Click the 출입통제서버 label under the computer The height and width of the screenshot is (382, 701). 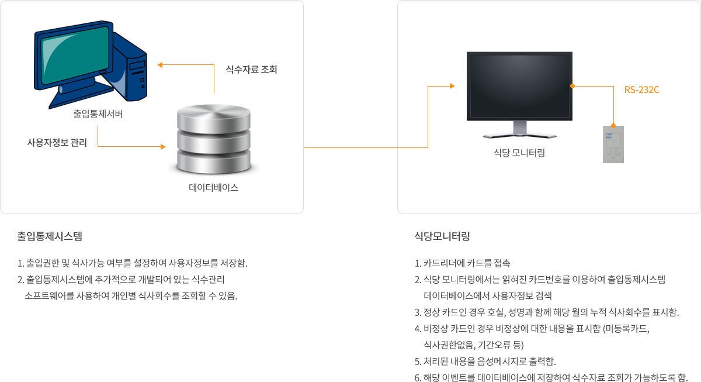point(98,113)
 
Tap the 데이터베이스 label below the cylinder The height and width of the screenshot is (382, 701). point(213,188)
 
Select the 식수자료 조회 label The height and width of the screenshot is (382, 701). point(252,69)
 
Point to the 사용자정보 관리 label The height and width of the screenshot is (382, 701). point(57,143)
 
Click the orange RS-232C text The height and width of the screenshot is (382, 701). point(641,90)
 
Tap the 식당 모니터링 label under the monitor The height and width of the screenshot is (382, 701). point(519,153)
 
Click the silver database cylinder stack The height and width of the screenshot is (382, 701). point(214,139)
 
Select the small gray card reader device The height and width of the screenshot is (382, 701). point(613,144)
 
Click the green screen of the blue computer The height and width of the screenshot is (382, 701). point(75,55)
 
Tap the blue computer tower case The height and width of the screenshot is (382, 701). point(130,67)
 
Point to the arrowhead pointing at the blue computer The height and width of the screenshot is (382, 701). point(160,65)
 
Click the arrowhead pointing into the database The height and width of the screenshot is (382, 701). point(163,146)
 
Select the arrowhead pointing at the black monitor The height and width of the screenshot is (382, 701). point(452,86)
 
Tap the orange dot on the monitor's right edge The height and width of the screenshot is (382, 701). point(572,86)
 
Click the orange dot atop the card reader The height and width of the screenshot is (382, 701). point(613,126)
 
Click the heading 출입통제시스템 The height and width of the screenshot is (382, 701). point(50,236)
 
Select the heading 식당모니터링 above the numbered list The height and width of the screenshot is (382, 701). point(442,236)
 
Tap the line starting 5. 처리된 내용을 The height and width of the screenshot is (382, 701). point(485,362)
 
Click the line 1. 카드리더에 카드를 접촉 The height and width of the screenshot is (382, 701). point(462,263)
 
